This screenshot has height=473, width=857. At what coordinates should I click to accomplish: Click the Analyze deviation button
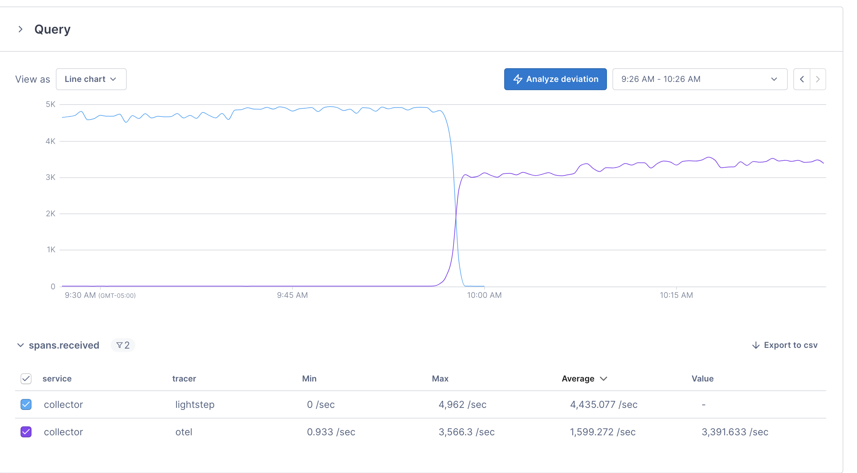point(555,79)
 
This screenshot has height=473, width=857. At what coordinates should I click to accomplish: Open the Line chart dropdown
point(91,79)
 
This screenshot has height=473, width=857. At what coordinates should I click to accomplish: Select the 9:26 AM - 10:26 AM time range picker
point(699,79)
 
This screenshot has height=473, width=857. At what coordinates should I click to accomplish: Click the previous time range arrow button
point(802,79)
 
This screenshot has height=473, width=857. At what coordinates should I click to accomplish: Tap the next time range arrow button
point(818,79)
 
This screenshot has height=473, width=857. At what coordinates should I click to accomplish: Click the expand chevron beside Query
point(21,29)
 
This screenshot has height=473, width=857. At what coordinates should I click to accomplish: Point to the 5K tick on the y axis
point(51,104)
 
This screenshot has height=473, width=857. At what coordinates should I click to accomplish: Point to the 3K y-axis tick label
point(51,177)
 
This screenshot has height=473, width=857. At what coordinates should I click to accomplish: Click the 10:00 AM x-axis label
point(484,295)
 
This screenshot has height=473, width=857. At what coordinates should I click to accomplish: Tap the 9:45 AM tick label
point(292,295)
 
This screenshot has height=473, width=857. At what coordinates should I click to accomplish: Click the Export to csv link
point(785,345)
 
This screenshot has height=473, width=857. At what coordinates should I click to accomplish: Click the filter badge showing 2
point(123,345)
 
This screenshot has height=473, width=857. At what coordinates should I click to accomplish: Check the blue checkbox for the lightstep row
point(26,404)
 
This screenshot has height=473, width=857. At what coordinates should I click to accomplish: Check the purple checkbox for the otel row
point(26,432)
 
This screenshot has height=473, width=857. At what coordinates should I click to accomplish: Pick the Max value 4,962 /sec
point(462,404)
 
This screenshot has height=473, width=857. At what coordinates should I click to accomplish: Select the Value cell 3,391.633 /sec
point(735,432)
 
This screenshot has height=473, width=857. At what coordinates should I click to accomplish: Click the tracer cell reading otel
point(184,432)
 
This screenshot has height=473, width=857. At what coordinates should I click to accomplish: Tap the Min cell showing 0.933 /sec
point(331,432)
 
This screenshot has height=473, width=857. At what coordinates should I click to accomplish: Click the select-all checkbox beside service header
point(26,379)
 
